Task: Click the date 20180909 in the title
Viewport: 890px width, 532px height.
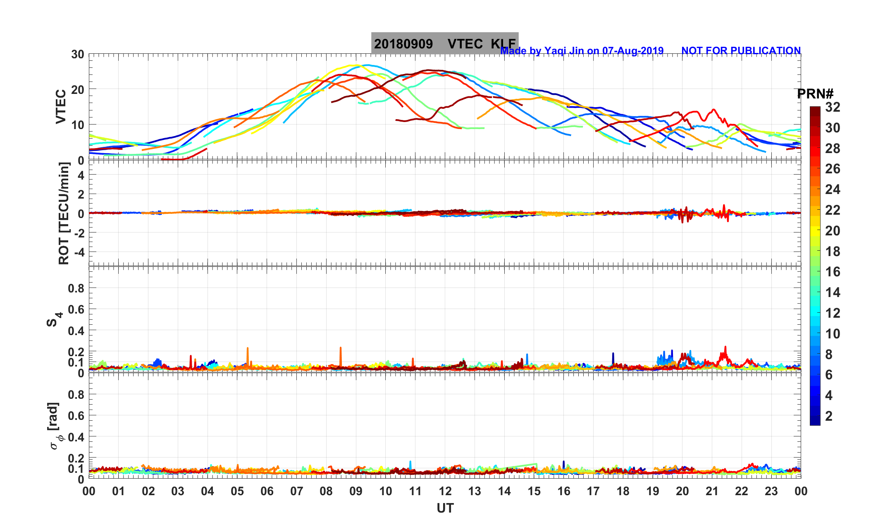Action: tap(403, 44)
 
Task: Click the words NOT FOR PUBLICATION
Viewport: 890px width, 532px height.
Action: tap(741, 51)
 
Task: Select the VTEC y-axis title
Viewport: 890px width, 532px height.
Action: tap(61, 106)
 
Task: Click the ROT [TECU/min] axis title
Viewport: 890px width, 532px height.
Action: tap(64, 213)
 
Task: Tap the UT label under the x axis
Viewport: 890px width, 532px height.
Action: tap(445, 508)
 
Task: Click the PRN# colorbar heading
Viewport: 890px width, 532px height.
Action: tap(815, 94)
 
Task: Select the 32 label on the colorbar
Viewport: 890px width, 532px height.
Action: tap(833, 108)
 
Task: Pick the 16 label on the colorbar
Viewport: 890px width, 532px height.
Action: tap(833, 272)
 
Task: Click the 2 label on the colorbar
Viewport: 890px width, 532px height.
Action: tap(829, 416)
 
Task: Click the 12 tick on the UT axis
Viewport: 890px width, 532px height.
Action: tap(445, 491)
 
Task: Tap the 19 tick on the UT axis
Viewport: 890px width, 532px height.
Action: tap(653, 491)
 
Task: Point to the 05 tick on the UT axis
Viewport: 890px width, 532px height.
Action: tap(237, 491)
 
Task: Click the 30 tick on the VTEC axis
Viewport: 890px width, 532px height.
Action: tap(77, 54)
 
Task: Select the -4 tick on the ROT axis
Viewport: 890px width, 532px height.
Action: tap(78, 252)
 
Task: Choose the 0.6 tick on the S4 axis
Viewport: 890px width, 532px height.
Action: tap(76, 309)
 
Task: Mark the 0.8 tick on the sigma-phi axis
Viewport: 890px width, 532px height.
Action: tap(76, 394)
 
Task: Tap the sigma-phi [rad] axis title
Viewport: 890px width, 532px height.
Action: tap(55, 426)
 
